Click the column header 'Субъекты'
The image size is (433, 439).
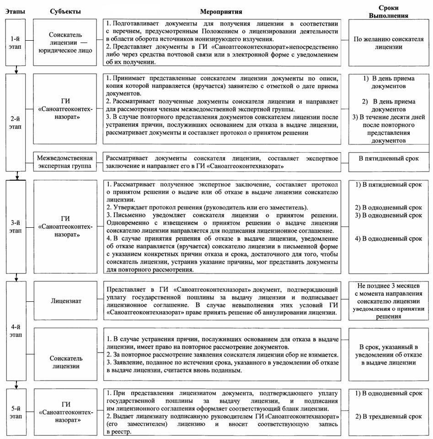point(65,11)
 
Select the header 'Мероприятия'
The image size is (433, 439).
point(221,11)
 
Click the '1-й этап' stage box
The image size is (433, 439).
point(16,43)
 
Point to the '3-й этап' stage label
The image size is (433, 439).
point(16,227)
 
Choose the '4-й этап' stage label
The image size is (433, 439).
point(16,331)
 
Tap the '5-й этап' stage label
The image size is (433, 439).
point(16,411)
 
